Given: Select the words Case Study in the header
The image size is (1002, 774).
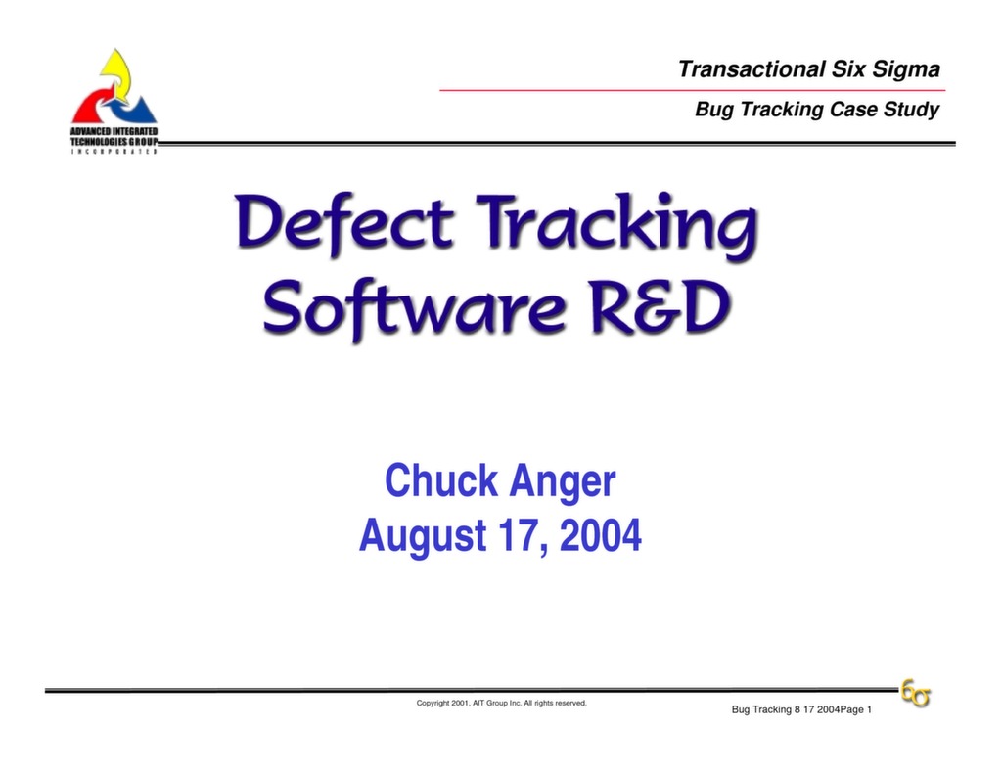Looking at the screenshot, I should coord(884,110).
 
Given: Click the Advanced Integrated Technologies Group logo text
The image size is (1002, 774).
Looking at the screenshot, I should coord(114,136).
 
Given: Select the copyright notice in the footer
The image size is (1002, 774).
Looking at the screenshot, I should coord(501,703).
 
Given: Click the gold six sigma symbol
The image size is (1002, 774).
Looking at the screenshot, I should coord(916,694).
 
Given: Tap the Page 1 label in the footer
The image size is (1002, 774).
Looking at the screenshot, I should coord(856,709).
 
